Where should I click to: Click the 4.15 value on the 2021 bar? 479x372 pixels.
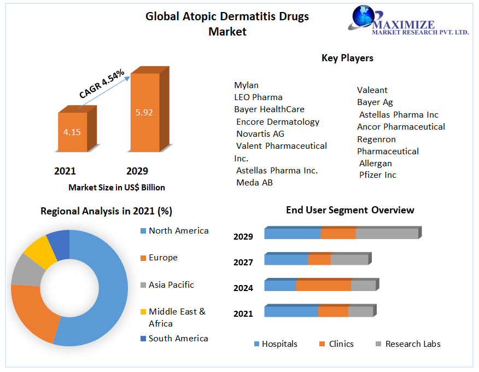coord(72,132)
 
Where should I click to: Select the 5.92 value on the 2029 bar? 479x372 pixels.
coord(144,113)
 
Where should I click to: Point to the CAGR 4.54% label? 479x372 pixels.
coord(102,84)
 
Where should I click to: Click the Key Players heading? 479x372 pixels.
coord(347,58)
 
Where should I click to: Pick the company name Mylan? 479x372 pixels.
coord(246,85)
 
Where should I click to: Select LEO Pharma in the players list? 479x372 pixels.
coord(258,97)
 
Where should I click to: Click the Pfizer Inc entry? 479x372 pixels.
coord(378,175)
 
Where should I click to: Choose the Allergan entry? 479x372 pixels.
coord(376,163)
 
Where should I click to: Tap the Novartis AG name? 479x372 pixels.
coord(260,133)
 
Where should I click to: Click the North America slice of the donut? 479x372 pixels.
coord(107,290)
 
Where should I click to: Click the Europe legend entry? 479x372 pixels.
coord(163,258)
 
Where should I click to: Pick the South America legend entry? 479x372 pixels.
coord(178,339)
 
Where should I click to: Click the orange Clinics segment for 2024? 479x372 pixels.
coord(323,286)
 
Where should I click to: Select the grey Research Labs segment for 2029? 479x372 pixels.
coord(387,234)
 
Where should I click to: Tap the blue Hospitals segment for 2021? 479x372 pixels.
coord(291,312)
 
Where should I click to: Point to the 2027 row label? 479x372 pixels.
coord(243,263)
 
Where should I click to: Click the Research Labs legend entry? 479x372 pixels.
coord(413,344)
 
